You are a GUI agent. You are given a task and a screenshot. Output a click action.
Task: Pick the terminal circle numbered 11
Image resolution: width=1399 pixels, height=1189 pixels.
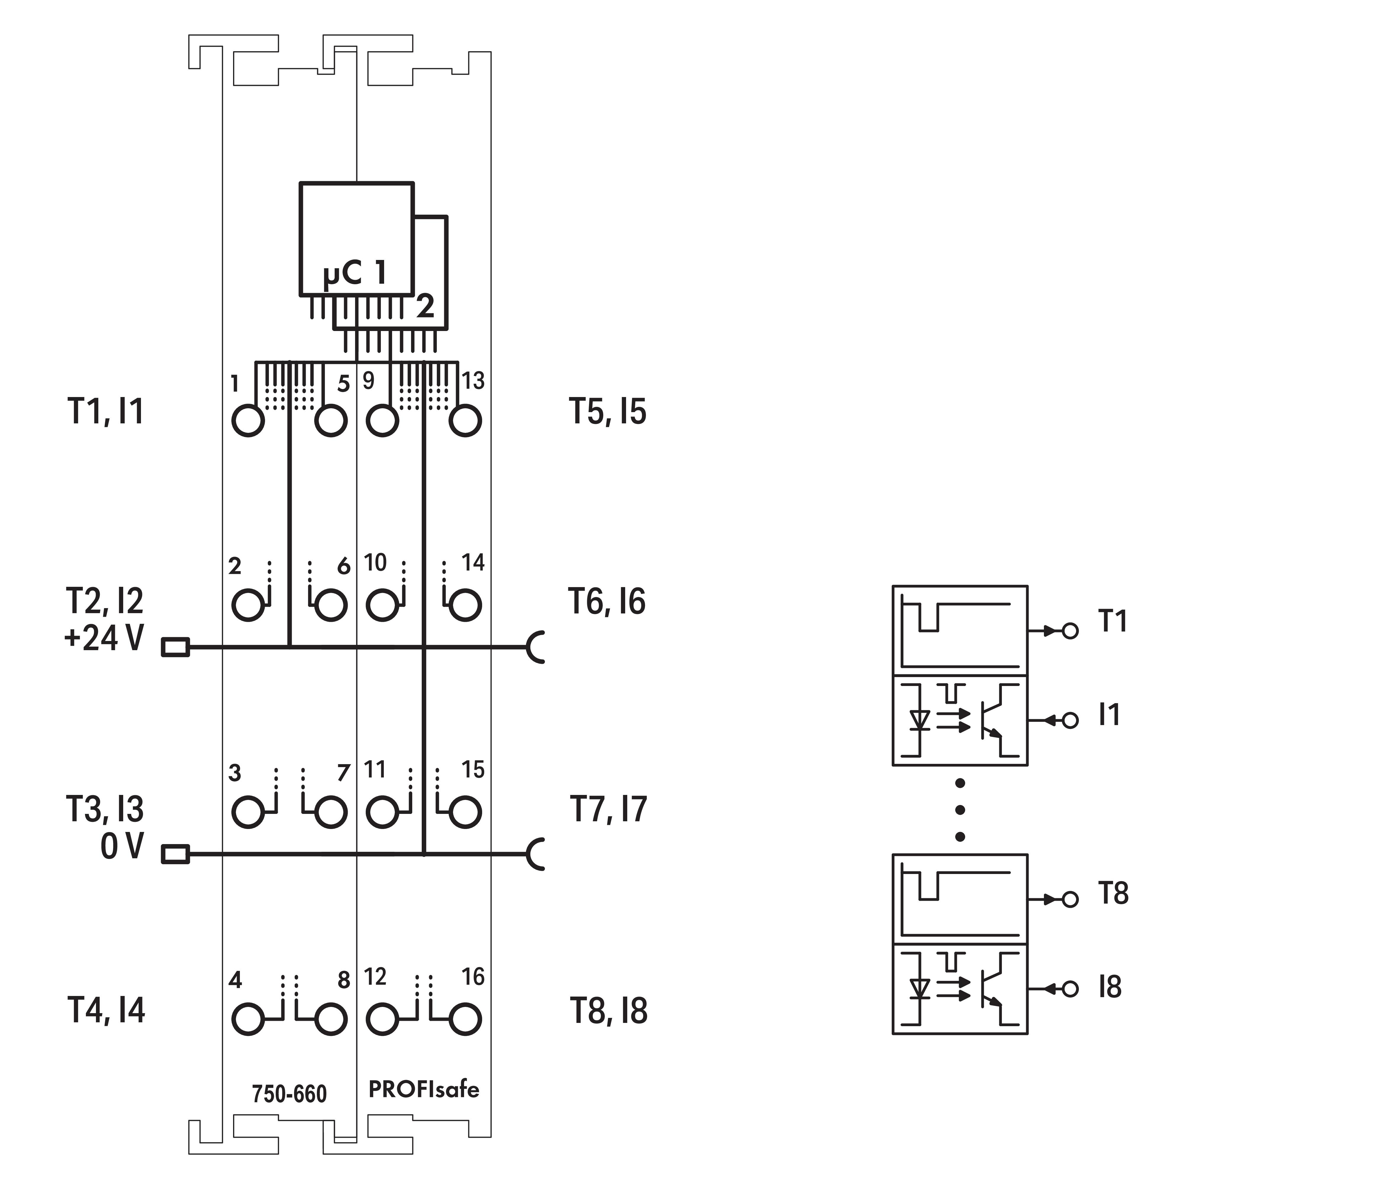pyautogui.click(x=382, y=812)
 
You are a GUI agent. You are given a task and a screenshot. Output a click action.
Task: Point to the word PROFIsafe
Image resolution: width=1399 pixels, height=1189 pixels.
pyautogui.click(x=423, y=1089)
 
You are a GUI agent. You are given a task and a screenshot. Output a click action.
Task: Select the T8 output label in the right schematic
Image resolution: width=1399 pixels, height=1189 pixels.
pyautogui.click(x=1113, y=894)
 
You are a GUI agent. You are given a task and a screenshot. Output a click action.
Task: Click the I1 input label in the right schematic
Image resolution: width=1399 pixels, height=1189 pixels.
pyautogui.click(x=1109, y=714)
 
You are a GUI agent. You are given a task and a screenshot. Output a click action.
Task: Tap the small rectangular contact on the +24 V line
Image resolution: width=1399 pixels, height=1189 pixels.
pyautogui.click(x=175, y=648)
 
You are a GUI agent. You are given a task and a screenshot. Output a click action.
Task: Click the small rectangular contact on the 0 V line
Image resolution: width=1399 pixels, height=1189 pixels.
pyautogui.click(x=175, y=855)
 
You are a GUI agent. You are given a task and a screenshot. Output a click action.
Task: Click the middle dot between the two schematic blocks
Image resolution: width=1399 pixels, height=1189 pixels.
pyautogui.click(x=960, y=809)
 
